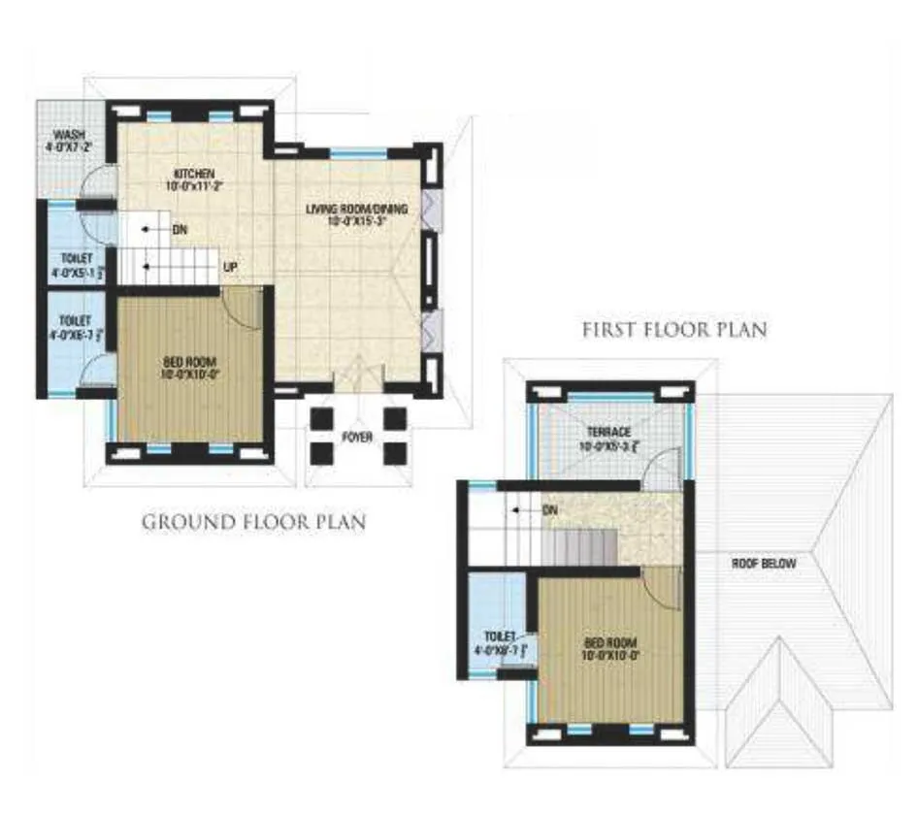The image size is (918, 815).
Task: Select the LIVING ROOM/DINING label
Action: point(357,209)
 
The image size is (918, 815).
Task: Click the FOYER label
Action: point(356,438)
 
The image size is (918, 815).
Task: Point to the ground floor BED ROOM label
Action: point(189,362)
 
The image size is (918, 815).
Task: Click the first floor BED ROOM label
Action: point(609,642)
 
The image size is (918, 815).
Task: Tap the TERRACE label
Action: point(608,432)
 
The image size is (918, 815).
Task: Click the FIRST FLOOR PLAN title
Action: point(674,330)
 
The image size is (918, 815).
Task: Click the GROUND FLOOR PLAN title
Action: point(254,522)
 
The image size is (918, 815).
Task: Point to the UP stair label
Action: point(232,265)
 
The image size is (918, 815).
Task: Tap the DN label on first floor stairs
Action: point(548,508)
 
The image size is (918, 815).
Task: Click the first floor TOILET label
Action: point(497,636)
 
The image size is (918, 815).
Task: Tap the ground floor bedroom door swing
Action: point(243,310)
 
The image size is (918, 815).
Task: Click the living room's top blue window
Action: point(360,152)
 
